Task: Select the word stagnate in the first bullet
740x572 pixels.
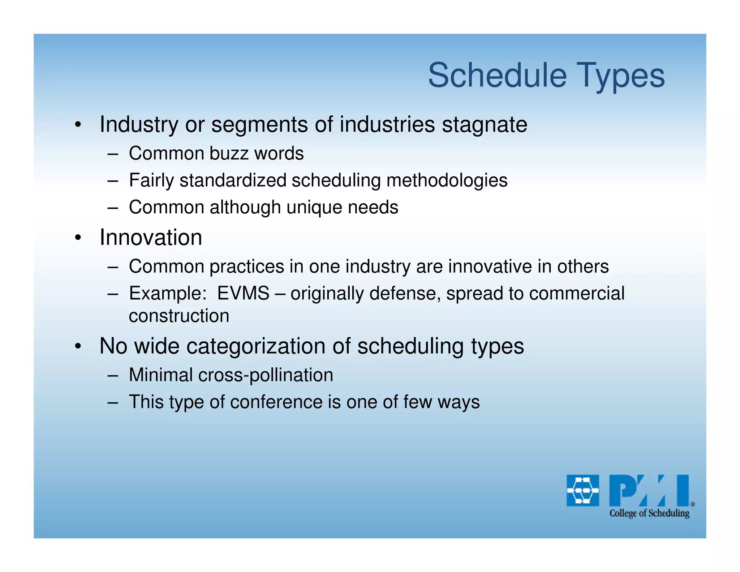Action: tap(485, 125)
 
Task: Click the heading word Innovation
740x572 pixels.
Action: tap(151, 238)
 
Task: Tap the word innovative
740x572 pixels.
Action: tap(490, 266)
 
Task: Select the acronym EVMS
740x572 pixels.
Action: tap(243, 293)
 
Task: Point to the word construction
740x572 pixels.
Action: tap(179, 316)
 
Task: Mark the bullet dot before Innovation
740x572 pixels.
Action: tap(78, 238)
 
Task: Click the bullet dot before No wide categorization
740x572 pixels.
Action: tap(78, 347)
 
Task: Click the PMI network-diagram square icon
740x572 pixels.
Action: tap(582, 490)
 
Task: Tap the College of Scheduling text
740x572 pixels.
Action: tap(649, 513)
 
